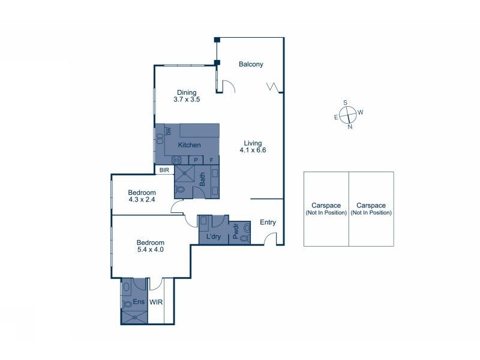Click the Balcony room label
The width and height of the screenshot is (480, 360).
251,64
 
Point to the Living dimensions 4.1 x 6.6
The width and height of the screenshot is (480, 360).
253,151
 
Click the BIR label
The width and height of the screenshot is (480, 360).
164,170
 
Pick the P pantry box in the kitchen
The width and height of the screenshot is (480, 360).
196,160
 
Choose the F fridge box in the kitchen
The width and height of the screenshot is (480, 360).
212,160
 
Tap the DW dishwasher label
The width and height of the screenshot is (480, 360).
169,131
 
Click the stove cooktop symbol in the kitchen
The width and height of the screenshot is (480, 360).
178,160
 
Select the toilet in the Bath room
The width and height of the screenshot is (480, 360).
180,190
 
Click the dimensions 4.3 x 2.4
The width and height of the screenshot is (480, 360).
142,200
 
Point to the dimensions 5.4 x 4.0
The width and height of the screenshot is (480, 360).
150,249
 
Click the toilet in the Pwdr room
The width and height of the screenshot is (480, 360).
245,238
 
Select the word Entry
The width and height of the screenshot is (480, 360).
268,223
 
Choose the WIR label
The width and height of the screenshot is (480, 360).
157,302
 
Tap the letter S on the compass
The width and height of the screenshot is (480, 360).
345,102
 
